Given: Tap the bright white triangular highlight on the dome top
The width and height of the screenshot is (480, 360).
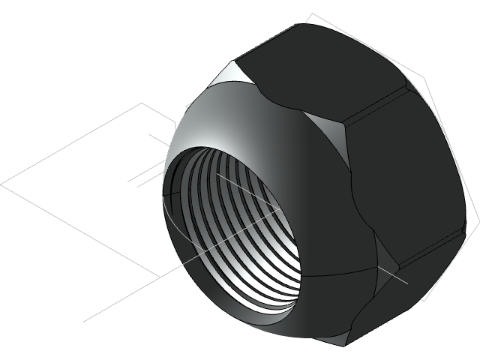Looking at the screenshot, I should (235, 73).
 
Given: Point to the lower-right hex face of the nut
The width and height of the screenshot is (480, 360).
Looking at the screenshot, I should (420, 300).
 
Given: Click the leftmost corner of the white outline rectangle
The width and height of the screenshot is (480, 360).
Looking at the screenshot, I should (1, 182).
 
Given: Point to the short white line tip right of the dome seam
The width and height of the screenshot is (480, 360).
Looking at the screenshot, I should (407, 283).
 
